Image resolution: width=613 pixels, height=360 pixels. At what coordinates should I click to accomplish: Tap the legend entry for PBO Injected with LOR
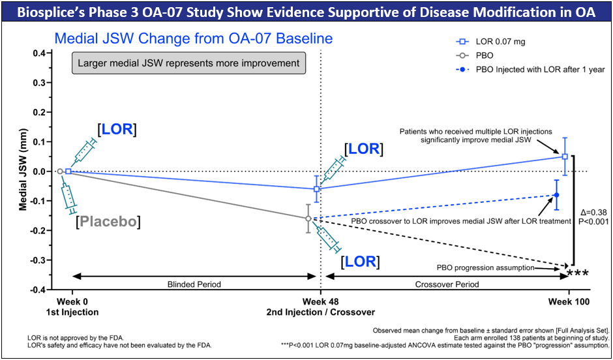tap(531, 69)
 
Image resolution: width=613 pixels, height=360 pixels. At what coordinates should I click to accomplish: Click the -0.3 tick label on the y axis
tap(40, 260)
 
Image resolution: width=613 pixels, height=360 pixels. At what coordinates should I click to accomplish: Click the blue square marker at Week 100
tap(565, 157)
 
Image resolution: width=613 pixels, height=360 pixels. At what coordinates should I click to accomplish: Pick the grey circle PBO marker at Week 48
tap(308, 218)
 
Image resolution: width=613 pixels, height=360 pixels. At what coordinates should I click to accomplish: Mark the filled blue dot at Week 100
tap(556, 195)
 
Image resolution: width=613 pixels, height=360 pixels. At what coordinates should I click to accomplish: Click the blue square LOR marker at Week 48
tap(317, 189)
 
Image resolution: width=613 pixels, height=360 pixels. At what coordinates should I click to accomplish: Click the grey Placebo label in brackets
tap(108, 222)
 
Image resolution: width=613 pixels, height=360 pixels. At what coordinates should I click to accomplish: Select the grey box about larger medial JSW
tap(188, 63)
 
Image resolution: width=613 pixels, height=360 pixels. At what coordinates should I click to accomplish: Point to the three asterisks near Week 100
tap(578, 273)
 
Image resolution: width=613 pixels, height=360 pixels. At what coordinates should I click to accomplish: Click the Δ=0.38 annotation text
tap(593, 212)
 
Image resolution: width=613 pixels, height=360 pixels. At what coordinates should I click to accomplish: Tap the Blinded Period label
tap(195, 284)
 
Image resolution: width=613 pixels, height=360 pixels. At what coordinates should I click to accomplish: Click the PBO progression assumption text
tap(486, 267)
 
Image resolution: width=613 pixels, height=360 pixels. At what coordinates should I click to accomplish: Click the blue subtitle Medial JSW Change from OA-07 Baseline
tap(193, 38)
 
